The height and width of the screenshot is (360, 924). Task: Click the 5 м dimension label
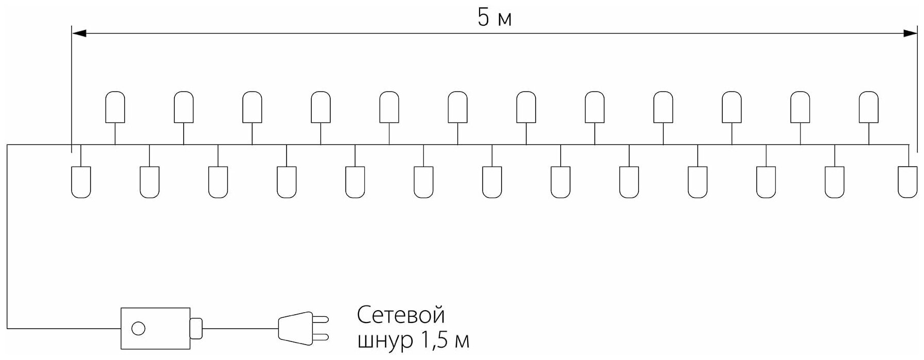click(494, 18)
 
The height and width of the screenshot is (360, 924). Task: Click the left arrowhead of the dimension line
click(79, 33)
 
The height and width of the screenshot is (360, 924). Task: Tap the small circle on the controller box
click(138, 328)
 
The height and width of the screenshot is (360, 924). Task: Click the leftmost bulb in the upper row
click(115, 107)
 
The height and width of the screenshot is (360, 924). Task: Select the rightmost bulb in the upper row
click(868, 107)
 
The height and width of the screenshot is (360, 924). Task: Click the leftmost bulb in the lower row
click(81, 182)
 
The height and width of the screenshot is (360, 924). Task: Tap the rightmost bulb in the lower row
click(908, 182)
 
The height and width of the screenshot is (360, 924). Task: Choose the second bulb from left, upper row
click(184, 107)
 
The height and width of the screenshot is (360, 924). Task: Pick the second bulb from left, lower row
click(149, 182)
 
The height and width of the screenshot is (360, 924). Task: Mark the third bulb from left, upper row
click(252, 107)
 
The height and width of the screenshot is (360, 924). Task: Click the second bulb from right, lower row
click(834, 182)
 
